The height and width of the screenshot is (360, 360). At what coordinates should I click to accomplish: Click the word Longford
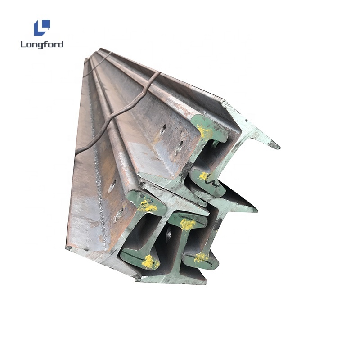(x=42, y=45)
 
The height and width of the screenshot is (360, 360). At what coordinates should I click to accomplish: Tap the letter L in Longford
(x=23, y=44)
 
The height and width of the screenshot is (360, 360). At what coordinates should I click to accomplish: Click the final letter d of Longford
(x=61, y=44)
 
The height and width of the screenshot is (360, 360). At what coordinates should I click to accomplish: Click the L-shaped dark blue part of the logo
(x=39, y=30)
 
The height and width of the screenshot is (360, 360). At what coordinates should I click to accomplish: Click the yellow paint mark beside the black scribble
(x=203, y=176)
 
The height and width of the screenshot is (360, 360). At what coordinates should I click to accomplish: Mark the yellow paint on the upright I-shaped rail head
(x=187, y=224)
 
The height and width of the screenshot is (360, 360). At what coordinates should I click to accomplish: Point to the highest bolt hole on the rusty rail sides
(x=164, y=129)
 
